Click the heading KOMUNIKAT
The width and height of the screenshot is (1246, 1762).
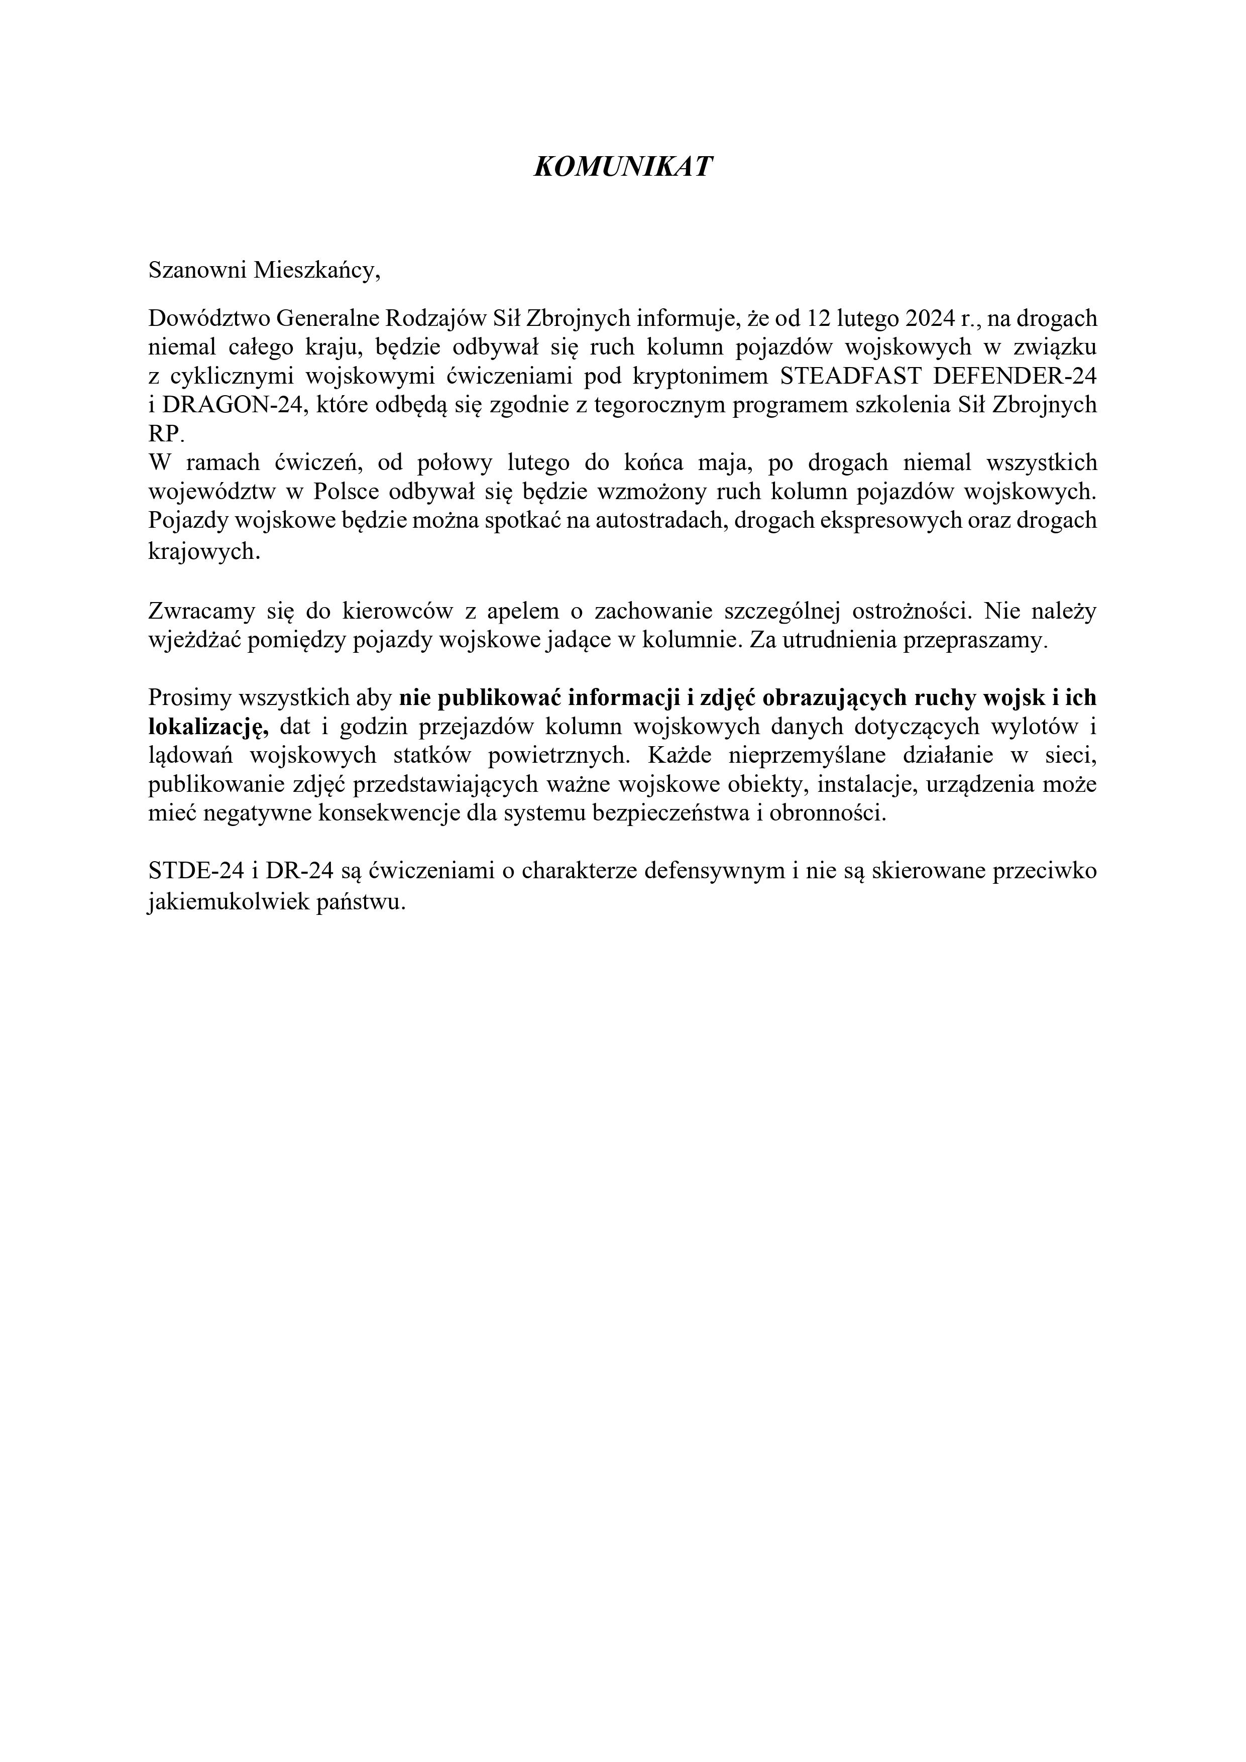point(623,167)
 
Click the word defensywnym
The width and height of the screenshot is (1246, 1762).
point(712,871)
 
